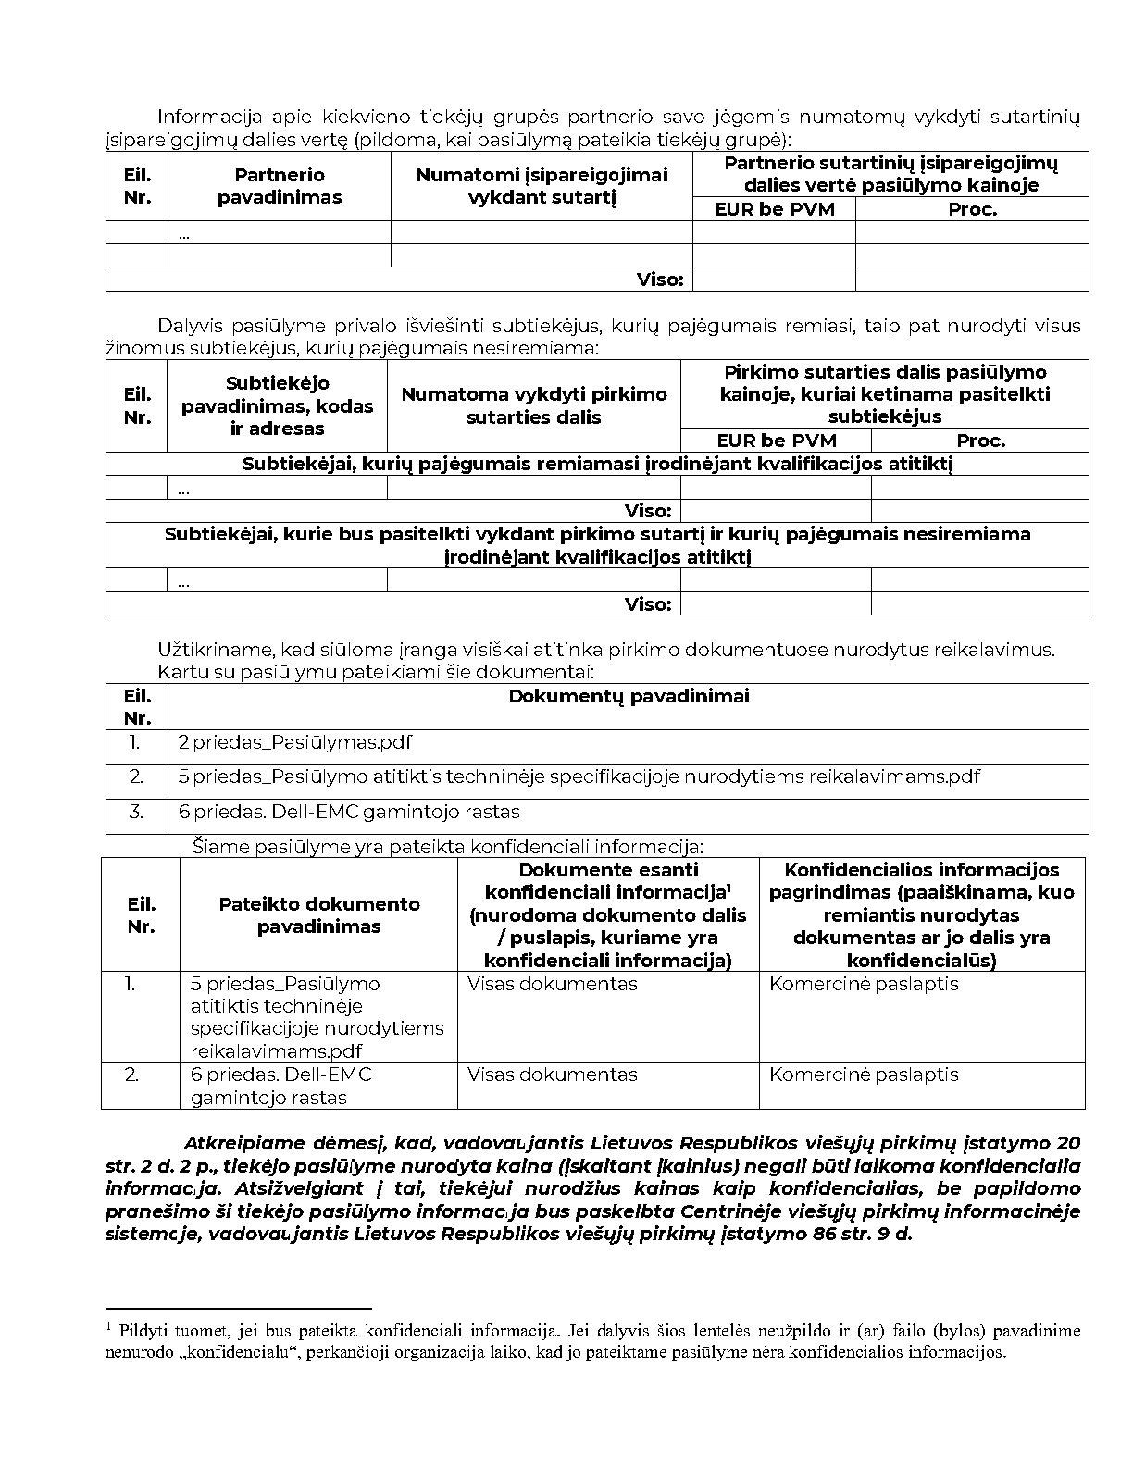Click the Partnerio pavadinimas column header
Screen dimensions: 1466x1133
coord(279,186)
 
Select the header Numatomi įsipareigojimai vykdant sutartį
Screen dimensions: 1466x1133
coord(542,186)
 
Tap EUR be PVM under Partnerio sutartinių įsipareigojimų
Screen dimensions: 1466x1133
coord(774,209)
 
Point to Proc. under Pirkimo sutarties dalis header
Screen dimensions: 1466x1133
coord(980,441)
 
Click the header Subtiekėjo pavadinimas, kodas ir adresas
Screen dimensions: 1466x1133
coord(277,405)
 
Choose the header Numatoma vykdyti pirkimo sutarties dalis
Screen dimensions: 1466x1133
coord(533,405)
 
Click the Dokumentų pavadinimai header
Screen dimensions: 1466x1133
coord(629,696)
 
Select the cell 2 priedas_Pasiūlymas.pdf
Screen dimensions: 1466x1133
coord(295,742)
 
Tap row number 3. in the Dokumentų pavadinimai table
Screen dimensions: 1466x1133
coord(137,812)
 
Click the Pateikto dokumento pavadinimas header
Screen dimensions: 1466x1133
coord(318,915)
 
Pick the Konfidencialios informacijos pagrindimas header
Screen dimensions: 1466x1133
coord(921,914)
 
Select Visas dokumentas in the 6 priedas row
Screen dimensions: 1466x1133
coord(553,1075)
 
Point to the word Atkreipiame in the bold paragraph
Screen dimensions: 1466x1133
coord(231,1144)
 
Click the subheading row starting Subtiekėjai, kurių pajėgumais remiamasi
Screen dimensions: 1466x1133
coord(597,464)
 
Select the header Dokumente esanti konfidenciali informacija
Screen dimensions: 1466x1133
coord(608,915)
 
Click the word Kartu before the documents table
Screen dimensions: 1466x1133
coord(179,672)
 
